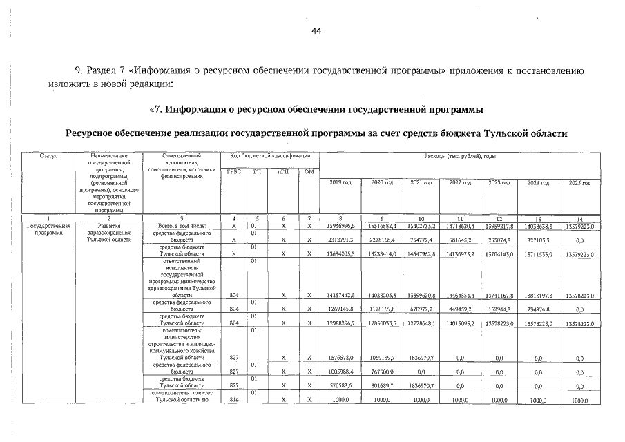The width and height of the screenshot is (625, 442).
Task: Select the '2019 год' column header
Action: [x=340, y=182]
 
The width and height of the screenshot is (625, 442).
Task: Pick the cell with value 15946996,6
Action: [x=340, y=226]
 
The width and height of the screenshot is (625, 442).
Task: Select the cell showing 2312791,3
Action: [x=340, y=240]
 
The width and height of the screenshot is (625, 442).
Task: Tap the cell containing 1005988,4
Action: [x=340, y=372]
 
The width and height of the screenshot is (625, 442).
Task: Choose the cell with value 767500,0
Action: [x=381, y=372]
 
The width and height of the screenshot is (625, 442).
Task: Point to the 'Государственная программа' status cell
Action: [x=48, y=229]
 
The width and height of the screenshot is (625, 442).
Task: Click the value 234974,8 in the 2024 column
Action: [x=539, y=309]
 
